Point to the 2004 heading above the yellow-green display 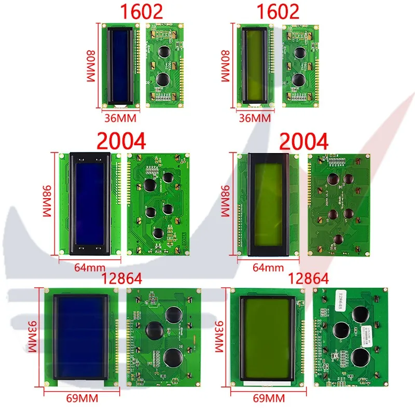(304, 141)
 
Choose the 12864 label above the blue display (115, 279)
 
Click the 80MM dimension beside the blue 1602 (91, 65)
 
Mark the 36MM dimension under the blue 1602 (120, 118)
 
